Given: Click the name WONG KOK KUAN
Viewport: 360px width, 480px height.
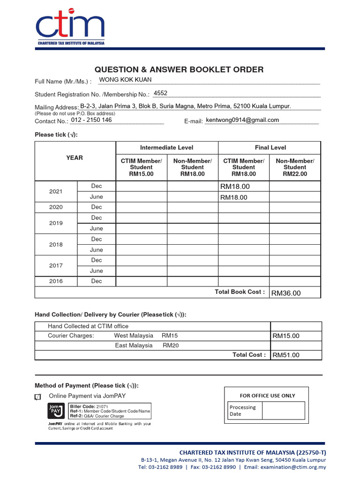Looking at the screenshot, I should tap(125, 80).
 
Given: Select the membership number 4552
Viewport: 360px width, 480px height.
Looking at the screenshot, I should tap(160, 93).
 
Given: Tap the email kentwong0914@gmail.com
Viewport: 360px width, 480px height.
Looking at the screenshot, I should tap(242, 120).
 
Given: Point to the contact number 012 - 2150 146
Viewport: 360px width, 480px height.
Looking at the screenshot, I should tap(91, 120).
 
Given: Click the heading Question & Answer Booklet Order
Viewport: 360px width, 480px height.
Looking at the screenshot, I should tap(179, 70).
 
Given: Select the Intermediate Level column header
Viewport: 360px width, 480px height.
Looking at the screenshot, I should tap(166, 148).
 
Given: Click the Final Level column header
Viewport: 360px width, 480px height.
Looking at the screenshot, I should tap(270, 148).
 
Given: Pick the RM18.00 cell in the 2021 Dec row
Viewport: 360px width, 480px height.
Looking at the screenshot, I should tap(235, 187).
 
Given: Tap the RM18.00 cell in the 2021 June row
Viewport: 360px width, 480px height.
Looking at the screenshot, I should tap(234, 197).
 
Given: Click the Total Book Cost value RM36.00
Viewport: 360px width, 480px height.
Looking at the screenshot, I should tap(286, 293).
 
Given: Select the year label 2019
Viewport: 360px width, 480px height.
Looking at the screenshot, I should tap(56, 223).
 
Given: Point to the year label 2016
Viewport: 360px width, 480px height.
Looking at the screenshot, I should tap(56, 281).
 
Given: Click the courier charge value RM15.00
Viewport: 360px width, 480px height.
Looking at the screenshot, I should tap(286, 336).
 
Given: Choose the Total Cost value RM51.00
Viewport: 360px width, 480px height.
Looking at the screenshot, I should tap(286, 355).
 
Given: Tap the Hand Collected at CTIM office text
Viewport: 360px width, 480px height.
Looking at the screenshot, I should tap(88, 326).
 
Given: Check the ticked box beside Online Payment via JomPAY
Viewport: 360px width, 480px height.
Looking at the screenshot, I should tap(38, 397).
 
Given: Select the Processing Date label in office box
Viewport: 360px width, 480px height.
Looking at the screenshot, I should tap(242, 411).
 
